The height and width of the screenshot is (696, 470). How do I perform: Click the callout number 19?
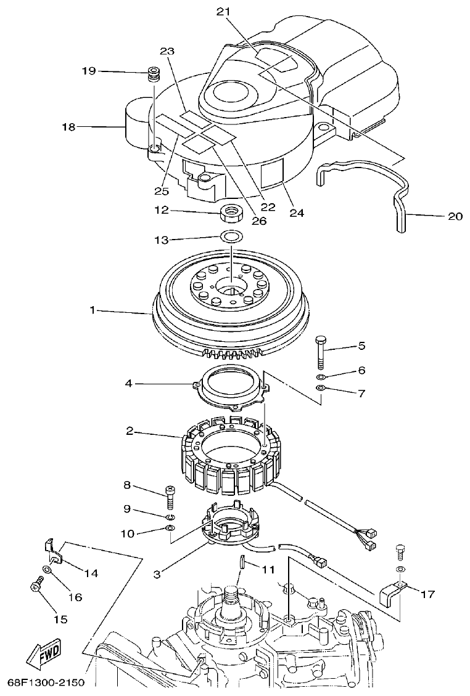tap(89, 71)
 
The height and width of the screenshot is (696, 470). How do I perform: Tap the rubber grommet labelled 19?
tap(153, 76)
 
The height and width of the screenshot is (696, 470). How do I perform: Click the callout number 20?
tap(455, 216)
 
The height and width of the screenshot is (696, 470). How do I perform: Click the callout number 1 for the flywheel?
tap(93, 311)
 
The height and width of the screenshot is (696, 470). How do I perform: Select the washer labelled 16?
tap(47, 570)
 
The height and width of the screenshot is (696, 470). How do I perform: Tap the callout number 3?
tap(157, 574)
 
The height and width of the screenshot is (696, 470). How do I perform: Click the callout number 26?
tap(259, 221)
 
